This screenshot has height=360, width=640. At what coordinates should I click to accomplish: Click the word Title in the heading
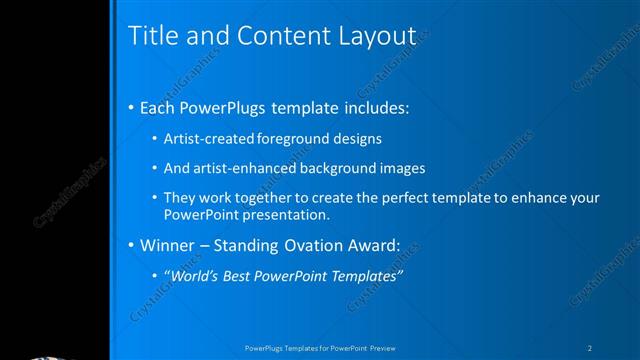pos(152,35)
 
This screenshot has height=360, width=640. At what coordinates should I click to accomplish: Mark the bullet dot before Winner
pos(132,245)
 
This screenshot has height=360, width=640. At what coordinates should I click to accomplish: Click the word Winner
pos(166,245)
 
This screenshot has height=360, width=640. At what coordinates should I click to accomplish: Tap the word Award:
pos(375,245)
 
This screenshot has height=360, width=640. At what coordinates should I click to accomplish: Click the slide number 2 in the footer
pos(590,347)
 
